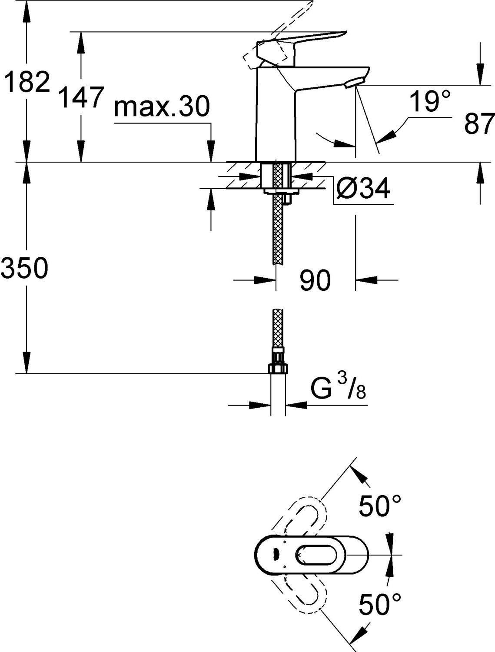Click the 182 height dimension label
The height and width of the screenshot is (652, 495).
[x=27, y=82]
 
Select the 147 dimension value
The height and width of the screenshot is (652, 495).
[x=81, y=97]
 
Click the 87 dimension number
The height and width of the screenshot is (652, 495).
[x=479, y=124]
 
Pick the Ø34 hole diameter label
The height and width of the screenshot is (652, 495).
[x=363, y=189]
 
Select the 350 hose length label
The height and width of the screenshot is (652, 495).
[x=24, y=268]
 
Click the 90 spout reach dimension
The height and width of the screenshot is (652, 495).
[x=315, y=280]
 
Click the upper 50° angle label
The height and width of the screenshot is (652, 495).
[x=379, y=506]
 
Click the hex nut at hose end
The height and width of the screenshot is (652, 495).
[x=278, y=368]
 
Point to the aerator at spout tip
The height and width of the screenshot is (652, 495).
[x=354, y=83]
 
